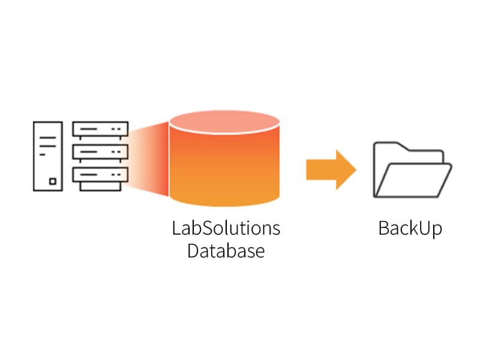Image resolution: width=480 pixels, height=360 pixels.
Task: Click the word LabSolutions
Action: [x=226, y=229]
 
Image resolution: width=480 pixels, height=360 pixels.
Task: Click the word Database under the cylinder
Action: [x=226, y=250]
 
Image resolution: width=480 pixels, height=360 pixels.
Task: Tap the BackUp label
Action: [x=410, y=229]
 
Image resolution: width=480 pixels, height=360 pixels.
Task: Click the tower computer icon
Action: [x=48, y=156]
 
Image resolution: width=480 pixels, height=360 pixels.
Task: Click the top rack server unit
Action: [x=100, y=129]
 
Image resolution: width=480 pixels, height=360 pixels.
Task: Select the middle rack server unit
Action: [x=100, y=152]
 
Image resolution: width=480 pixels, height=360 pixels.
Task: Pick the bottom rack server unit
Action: [x=100, y=175]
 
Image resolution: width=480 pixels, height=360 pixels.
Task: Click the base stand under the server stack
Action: [x=100, y=187]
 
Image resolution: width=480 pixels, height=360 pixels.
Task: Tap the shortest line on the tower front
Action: [x=43, y=154]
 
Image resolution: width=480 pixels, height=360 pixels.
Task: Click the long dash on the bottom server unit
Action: [x=91, y=175]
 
